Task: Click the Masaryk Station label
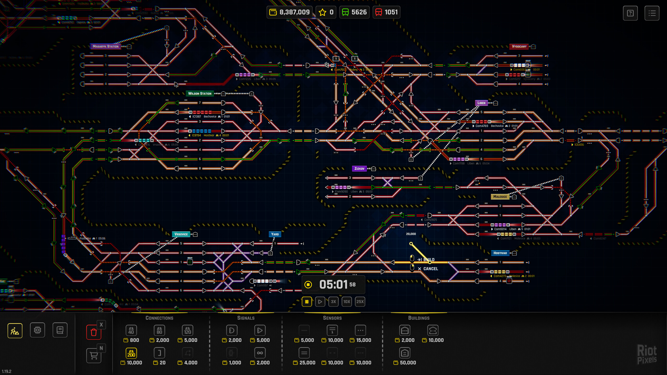106,46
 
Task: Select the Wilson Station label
200,93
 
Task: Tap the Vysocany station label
519,47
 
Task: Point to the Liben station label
481,103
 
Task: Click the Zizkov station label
359,168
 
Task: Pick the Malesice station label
500,197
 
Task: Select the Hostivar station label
500,253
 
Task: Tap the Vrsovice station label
181,234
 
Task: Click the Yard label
275,234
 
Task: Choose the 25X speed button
360,302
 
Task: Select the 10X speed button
347,302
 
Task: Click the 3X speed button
333,302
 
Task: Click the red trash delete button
94,332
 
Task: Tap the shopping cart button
94,355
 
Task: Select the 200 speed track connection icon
131,353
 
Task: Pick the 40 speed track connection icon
131,330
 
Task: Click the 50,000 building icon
405,353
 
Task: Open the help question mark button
630,13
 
